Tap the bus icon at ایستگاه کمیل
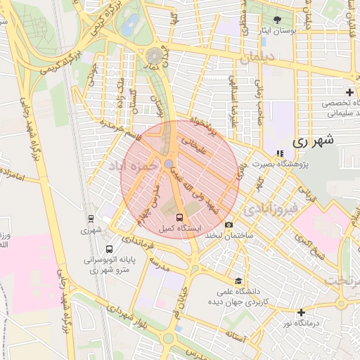point(179,217)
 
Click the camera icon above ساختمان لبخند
point(229,224)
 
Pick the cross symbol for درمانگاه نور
point(301,312)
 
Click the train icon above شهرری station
point(91,219)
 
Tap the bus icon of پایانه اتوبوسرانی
point(109,249)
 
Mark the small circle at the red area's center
point(169,164)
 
